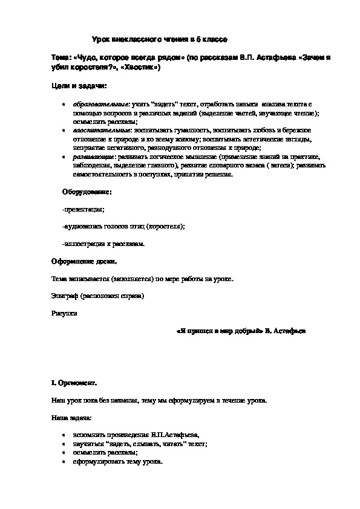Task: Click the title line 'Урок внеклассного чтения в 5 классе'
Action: point(159,39)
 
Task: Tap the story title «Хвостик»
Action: point(141,68)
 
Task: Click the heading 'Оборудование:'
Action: point(87,192)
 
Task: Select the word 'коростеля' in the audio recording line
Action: point(165,226)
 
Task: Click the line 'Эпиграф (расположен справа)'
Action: point(99,296)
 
